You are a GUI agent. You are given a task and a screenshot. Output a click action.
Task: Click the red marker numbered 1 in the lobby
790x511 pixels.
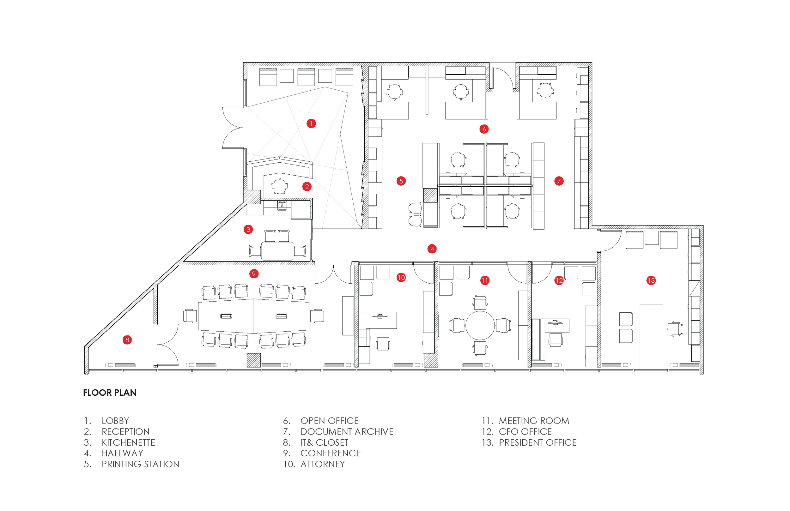point(311,123)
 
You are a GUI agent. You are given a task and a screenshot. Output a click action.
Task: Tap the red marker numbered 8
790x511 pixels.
point(127,340)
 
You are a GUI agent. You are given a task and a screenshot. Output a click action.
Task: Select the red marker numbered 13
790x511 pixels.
point(651,281)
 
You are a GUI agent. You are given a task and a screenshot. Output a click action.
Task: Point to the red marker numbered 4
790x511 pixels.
point(432,249)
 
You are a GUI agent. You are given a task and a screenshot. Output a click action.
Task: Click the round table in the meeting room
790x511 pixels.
point(480,325)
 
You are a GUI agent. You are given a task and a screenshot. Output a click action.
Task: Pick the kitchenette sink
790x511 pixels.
point(282,205)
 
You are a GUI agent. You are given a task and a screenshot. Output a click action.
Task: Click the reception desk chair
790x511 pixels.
point(279,186)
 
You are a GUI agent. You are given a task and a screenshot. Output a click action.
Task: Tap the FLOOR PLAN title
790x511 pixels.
point(110,393)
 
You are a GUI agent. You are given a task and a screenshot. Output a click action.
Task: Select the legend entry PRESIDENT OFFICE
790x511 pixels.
point(538,443)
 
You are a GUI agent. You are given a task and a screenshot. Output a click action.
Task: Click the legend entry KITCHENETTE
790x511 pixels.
point(128,443)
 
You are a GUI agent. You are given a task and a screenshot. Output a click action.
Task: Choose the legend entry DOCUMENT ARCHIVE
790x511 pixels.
point(347,432)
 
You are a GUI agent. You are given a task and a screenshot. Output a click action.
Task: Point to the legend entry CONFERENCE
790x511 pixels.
point(330,453)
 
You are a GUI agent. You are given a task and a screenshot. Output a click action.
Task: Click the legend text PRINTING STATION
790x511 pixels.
point(140,464)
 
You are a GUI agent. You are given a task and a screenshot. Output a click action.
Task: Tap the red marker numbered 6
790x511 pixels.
point(484,129)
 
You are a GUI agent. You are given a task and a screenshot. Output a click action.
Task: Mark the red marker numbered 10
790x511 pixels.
point(401,277)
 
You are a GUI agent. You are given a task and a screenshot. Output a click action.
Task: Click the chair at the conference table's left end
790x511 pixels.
point(190,316)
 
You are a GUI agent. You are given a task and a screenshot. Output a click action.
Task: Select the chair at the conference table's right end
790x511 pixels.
point(317,316)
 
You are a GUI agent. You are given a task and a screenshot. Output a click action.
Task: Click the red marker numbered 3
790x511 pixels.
point(248,229)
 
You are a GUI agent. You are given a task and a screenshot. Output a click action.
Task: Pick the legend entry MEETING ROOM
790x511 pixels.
point(534,421)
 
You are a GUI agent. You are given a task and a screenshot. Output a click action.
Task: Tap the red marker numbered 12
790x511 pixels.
point(559,281)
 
